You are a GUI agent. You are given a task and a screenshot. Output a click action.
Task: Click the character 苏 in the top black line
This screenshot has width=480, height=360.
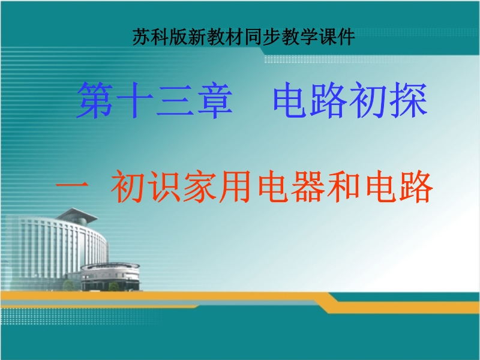pyautogui.click(x=142, y=37)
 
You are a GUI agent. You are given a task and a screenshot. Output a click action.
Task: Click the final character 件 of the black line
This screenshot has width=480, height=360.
pyautogui.click(x=346, y=37)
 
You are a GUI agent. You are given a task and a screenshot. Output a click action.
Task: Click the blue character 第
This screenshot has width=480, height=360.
pyautogui.click(x=95, y=100)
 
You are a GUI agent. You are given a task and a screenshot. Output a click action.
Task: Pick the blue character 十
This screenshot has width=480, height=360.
pyautogui.click(x=134, y=100)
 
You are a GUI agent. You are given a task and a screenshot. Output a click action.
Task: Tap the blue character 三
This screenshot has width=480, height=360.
pyautogui.click(x=175, y=100)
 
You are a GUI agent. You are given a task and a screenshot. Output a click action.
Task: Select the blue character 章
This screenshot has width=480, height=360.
pyautogui.click(x=215, y=100)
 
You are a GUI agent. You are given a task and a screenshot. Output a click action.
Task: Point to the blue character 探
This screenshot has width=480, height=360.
pyautogui.click(x=409, y=100)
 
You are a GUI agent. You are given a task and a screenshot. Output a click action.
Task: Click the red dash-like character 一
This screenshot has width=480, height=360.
pyautogui.click(x=73, y=185)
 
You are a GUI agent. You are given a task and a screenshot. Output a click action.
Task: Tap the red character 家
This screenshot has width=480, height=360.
pyautogui.click(x=200, y=186)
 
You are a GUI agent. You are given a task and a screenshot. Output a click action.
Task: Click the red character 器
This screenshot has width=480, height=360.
pyautogui.click(x=308, y=186)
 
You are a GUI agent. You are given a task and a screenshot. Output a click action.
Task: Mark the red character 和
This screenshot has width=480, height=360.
pyautogui.click(x=344, y=186)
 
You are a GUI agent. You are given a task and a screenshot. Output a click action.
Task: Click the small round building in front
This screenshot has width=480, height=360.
pyautogui.click(x=110, y=277)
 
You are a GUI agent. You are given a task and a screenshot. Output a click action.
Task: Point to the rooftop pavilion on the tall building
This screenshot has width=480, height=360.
pyautogui.click(x=77, y=216)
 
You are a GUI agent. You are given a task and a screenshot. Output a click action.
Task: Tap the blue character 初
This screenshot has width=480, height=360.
pyautogui.click(x=369, y=100)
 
